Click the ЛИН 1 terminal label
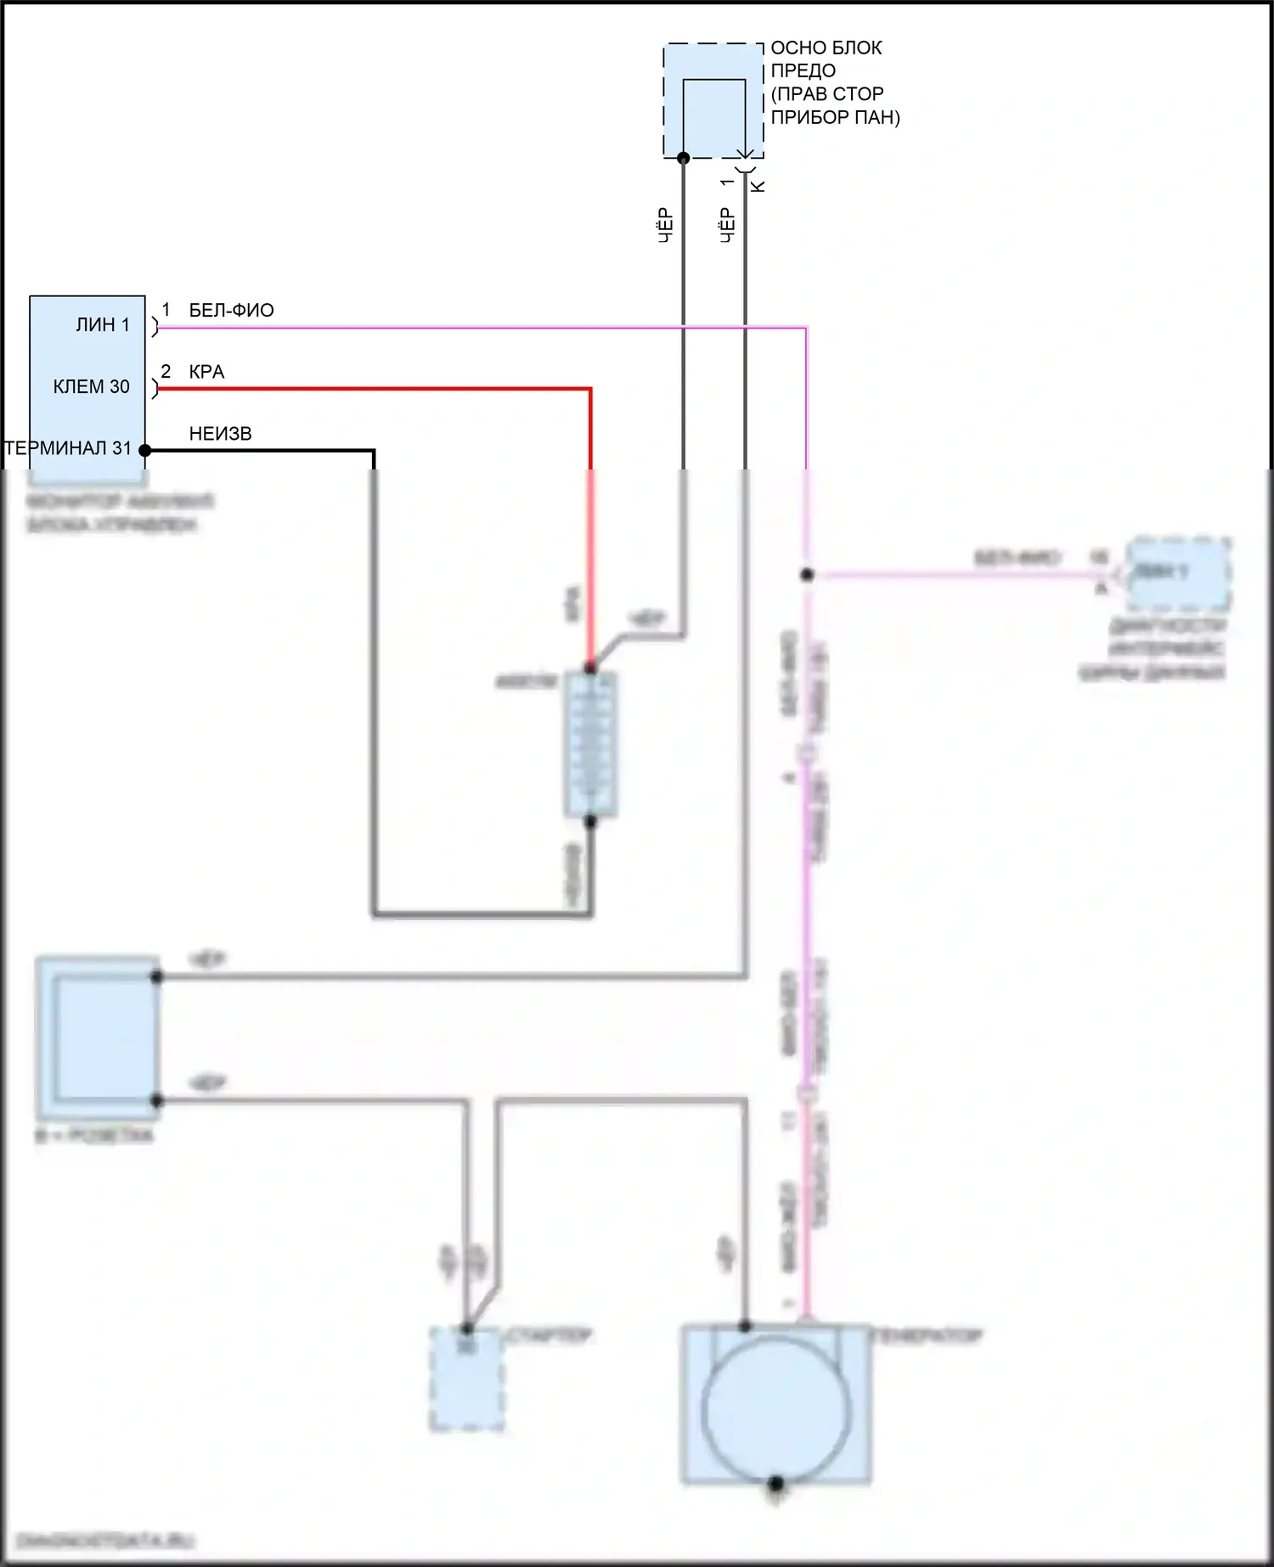(x=103, y=325)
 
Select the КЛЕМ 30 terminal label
(x=92, y=387)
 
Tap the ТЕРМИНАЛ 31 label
(x=69, y=448)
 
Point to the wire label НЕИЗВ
(x=220, y=434)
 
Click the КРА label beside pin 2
(x=206, y=372)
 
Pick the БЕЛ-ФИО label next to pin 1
(x=231, y=311)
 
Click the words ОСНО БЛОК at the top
(x=826, y=48)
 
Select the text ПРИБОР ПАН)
(x=835, y=117)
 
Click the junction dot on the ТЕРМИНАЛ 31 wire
(x=145, y=451)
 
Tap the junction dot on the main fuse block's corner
(x=683, y=158)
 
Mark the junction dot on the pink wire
(x=807, y=575)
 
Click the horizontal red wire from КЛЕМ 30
(x=374, y=389)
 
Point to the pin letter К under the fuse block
(x=759, y=185)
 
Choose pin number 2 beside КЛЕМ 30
(x=166, y=372)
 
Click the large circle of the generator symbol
(x=775, y=1409)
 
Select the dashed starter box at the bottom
(x=466, y=1379)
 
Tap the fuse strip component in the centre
(x=591, y=744)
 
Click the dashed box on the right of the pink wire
(x=1178, y=574)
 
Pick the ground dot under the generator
(x=775, y=1485)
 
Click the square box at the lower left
(x=98, y=1037)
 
